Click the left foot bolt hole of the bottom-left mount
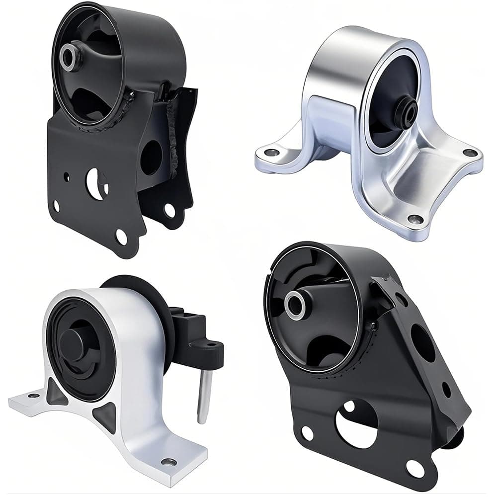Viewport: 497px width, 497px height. click(x=34, y=396)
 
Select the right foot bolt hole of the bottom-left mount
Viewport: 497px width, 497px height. click(x=169, y=462)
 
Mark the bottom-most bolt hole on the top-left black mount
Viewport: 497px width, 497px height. click(x=121, y=238)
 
